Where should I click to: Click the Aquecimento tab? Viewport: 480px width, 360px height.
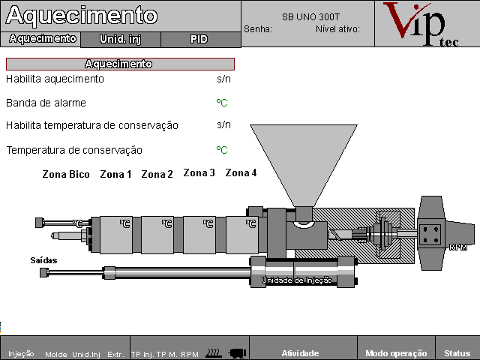[42, 38]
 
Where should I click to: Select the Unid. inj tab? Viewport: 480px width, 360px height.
[120, 38]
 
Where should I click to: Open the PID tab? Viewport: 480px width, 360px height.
[199, 38]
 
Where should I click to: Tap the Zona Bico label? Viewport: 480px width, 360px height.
[66, 175]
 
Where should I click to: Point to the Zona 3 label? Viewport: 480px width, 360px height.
[199, 173]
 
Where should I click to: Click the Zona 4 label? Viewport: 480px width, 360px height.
[241, 173]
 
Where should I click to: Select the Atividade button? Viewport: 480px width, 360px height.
[300, 353]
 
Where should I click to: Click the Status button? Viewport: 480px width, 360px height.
[457, 353]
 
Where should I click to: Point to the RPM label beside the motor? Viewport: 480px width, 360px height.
[458, 247]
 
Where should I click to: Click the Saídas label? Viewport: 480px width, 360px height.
[43, 260]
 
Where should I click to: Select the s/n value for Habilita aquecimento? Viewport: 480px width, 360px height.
[223, 79]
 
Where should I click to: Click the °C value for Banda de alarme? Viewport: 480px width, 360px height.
[222, 103]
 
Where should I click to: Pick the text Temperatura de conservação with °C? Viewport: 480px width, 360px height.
[74, 150]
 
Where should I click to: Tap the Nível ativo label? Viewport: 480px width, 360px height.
[337, 29]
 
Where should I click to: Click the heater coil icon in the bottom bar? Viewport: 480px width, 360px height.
[213, 352]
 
